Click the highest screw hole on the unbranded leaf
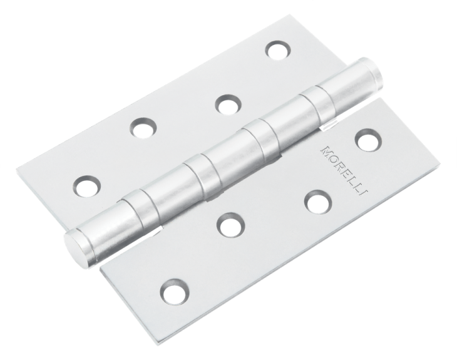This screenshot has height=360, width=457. (x=275, y=49)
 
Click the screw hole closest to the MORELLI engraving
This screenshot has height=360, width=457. (x=365, y=139)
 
